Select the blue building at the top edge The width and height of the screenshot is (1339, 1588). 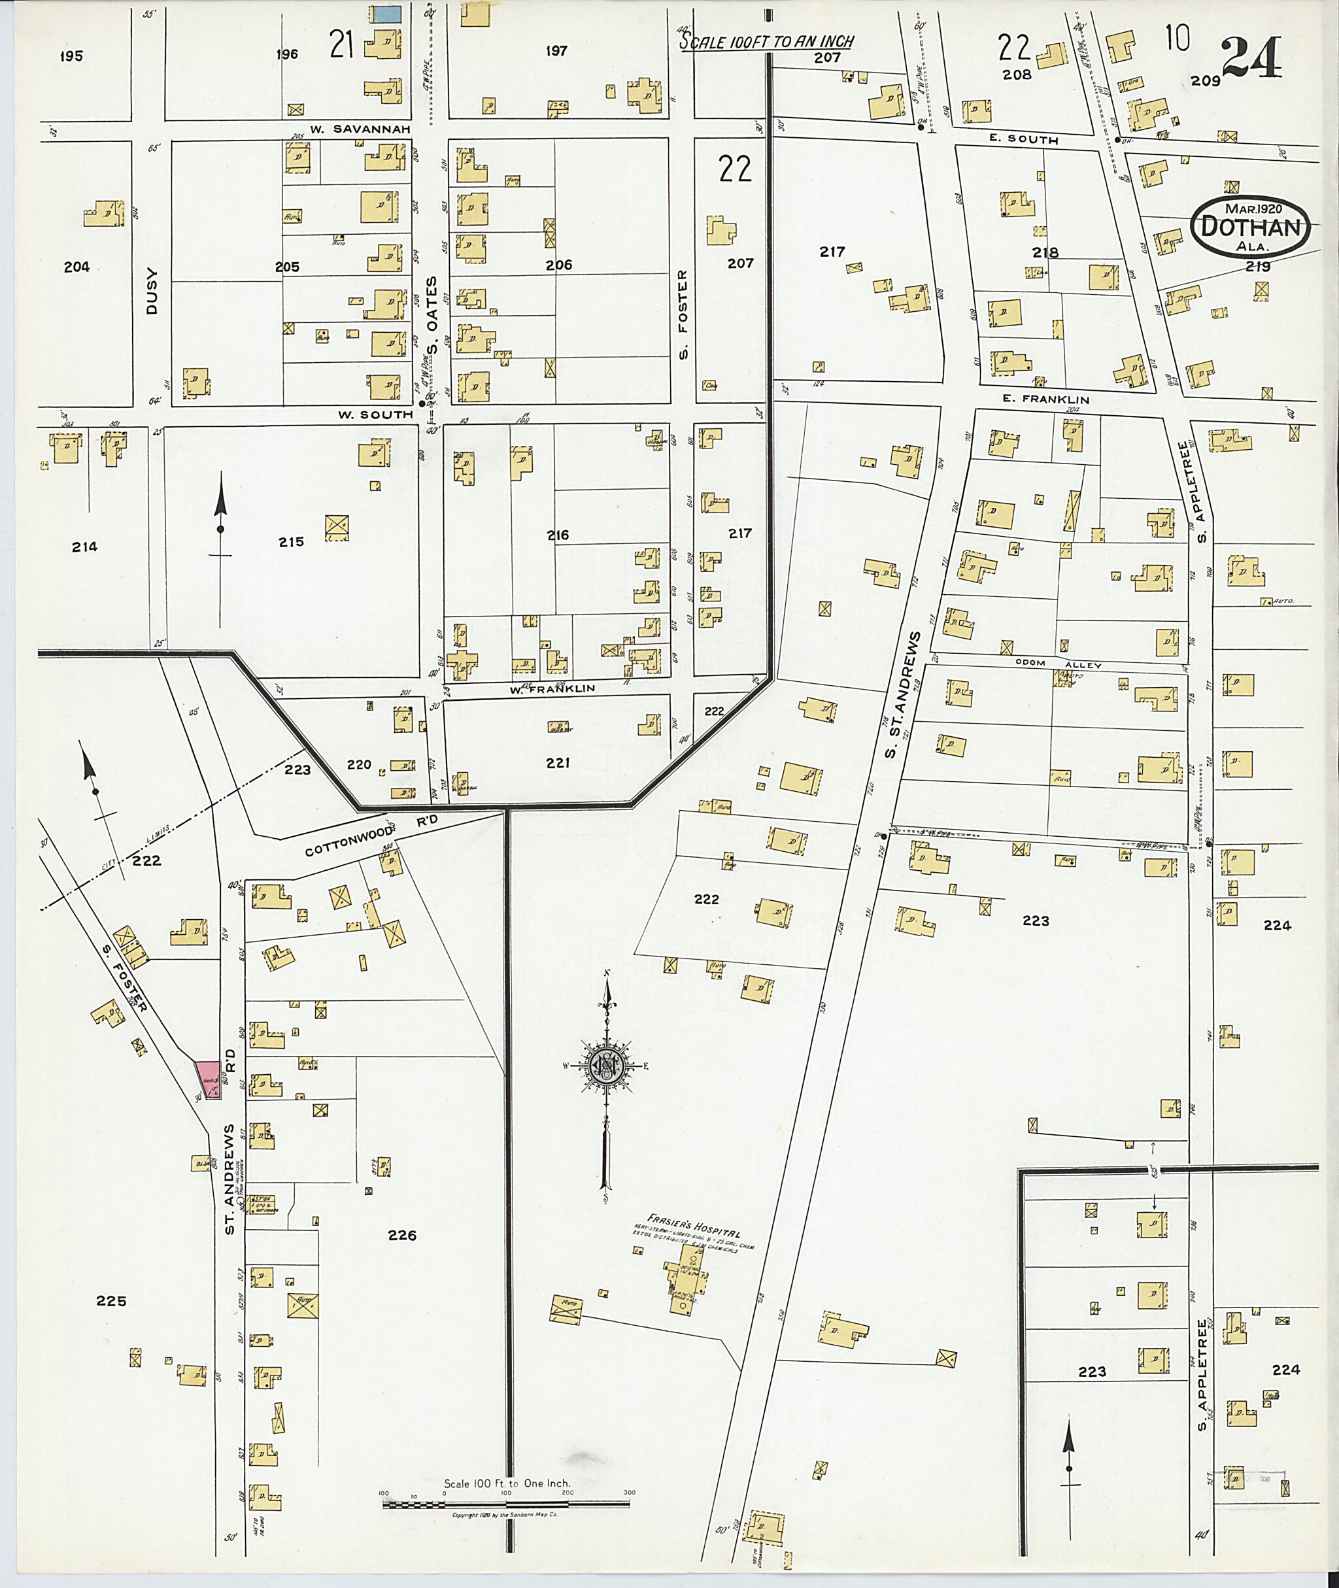[385, 14]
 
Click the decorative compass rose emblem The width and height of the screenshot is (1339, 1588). [605, 1066]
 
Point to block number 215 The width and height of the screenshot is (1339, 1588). [291, 541]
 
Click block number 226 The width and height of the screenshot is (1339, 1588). [401, 1235]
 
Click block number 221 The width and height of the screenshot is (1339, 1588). [557, 763]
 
